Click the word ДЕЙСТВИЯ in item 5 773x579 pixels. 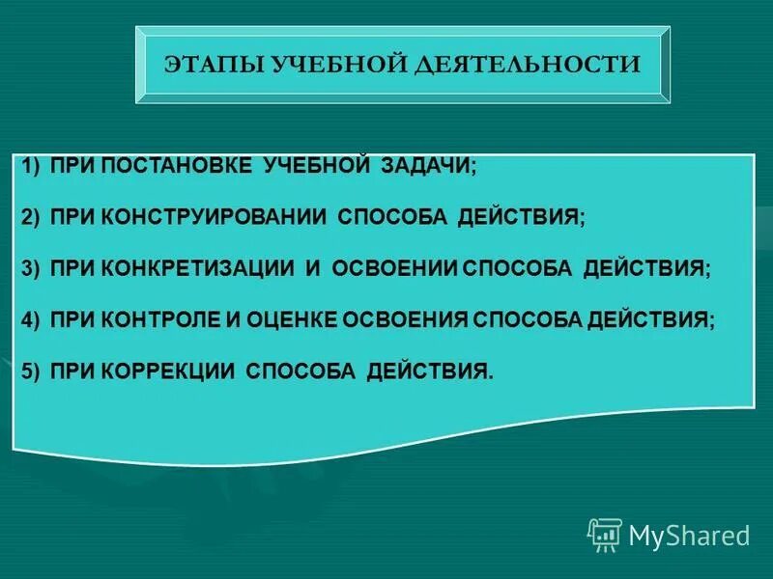pos(430,372)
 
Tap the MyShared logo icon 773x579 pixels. pos(605,535)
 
